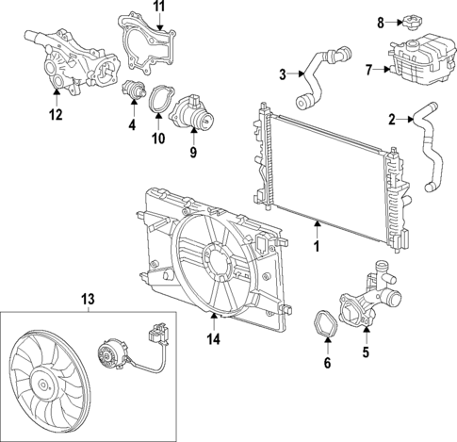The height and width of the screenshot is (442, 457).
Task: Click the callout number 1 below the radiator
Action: [x=317, y=247]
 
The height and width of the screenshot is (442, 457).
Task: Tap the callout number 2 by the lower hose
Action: [x=392, y=119]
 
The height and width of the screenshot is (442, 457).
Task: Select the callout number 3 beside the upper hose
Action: [x=282, y=74]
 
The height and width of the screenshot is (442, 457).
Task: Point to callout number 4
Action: [x=131, y=123]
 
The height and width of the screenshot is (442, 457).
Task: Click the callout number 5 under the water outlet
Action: [x=367, y=357]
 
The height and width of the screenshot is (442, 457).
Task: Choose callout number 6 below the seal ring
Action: [x=327, y=362]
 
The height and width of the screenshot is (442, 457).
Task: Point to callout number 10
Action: [x=158, y=139]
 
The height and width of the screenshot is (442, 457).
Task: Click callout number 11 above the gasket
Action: [x=158, y=8]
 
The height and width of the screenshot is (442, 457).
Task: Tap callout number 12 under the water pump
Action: [x=57, y=116]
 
